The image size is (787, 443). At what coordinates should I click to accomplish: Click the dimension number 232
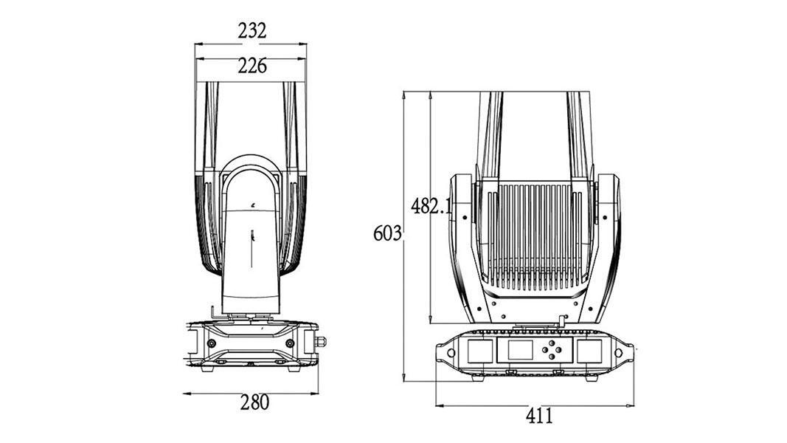click(x=252, y=31)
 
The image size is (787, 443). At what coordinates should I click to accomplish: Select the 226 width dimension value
click(x=252, y=66)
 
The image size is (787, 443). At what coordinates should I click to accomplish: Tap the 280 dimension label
click(x=254, y=402)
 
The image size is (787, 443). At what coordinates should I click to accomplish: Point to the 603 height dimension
click(x=387, y=233)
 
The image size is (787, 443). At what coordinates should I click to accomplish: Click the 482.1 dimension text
click(x=431, y=205)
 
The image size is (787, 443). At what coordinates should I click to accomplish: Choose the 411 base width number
click(x=539, y=416)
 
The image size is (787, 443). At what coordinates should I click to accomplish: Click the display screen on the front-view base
click(x=520, y=349)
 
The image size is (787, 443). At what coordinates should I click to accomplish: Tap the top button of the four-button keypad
click(x=552, y=343)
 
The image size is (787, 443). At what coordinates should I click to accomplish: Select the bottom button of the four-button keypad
click(x=552, y=356)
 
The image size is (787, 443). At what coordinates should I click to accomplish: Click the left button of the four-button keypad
click(x=545, y=349)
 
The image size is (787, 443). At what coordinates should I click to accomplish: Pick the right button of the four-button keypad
click(x=559, y=349)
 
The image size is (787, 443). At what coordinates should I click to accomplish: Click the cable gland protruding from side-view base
click(x=321, y=342)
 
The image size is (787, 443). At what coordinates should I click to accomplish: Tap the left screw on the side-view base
click(x=212, y=343)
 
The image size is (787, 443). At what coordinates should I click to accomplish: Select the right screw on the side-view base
click(x=290, y=343)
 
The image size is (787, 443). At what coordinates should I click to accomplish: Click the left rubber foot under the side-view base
click(x=207, y=368)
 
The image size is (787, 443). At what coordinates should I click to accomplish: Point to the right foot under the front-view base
click(x=592, y=378)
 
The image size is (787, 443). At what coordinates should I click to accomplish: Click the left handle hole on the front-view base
click(x=451, y=353)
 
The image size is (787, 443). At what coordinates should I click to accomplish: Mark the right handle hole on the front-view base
click(x=618, y=353)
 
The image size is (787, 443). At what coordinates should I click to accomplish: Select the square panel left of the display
click(x=480, y=351)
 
